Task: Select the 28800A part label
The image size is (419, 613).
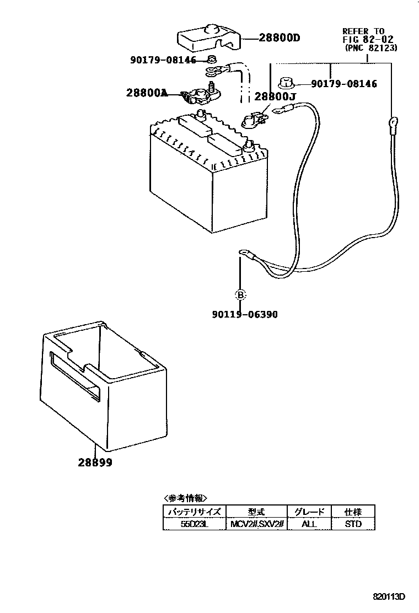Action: [146, 93]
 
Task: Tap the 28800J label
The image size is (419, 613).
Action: [276, 96]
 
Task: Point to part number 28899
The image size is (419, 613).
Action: [95, 463]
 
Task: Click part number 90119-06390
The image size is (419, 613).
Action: [244, 314]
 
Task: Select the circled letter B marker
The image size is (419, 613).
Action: [240, 295]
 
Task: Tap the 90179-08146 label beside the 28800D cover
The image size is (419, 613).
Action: [163, 60]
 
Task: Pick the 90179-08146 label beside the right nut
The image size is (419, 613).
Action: [344, 84]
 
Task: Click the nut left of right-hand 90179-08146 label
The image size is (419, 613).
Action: [287, 83]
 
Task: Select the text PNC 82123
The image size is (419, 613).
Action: [371, 48]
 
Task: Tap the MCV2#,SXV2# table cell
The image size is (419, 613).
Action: [256, 524]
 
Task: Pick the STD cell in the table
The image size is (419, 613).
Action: [353, 524]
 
